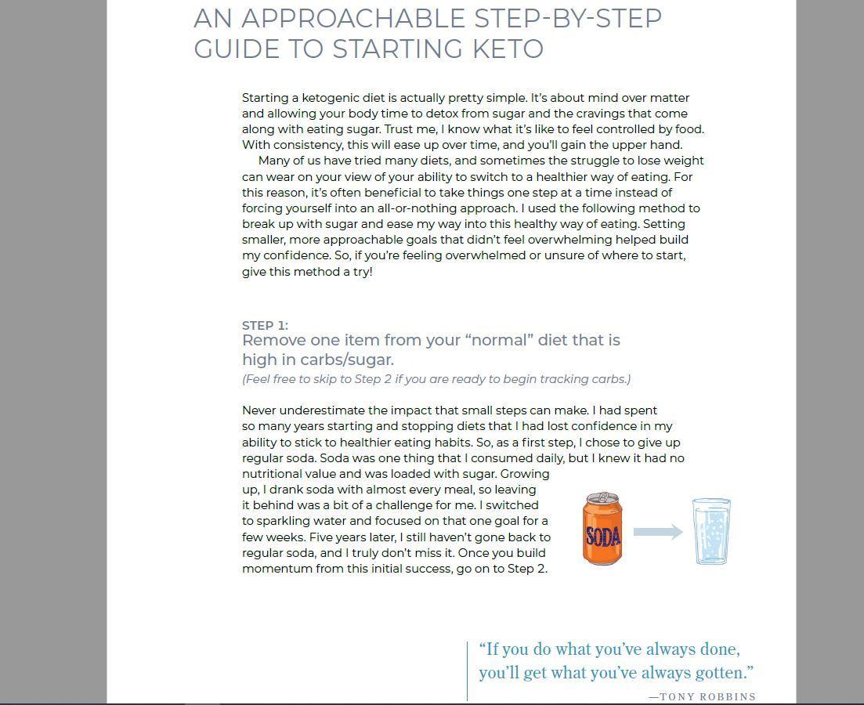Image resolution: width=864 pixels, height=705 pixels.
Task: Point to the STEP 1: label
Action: coord(265,325)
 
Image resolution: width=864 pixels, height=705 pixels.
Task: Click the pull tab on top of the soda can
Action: coord(602,497)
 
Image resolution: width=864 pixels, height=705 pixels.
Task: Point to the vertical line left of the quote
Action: coord(468,671)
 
